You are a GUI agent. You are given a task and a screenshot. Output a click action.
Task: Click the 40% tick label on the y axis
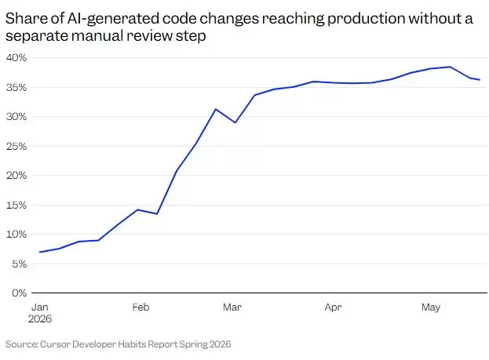[x=16, y=58]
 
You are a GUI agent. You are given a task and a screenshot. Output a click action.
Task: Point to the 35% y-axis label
[x=16, y=87]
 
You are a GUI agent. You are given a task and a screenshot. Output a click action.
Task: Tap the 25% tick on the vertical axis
[x=16, y=146]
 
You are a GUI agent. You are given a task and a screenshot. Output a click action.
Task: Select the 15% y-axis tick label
[x=16, y=205]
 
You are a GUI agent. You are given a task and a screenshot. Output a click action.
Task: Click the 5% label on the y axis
[x=20, y=264]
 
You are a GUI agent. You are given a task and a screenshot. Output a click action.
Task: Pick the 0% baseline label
[x=20, y=293]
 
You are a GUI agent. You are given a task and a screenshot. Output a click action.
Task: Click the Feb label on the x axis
[x=140, y=307]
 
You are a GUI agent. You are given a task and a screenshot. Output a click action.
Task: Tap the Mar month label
[x=232, y=307]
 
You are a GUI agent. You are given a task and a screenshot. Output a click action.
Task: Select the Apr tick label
[x=333, y=307]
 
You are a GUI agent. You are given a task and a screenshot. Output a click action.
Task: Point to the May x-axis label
[x=431, y=307]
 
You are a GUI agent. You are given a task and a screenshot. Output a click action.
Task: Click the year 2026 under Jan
[x=40, y=319]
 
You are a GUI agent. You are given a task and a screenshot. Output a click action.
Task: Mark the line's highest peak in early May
[x=451, y=67]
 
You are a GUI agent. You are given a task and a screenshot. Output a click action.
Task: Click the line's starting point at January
[x=40, y=252]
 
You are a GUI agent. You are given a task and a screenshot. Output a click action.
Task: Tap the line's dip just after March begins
[x=235, y=122]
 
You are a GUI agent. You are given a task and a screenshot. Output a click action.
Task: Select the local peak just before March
[x=216, y=109]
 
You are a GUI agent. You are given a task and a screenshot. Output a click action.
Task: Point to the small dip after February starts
[x=157, y=214]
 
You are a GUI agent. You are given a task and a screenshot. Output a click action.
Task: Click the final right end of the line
[x=480, y=80]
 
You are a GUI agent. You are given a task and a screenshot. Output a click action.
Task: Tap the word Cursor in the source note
[x=55, y=344]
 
